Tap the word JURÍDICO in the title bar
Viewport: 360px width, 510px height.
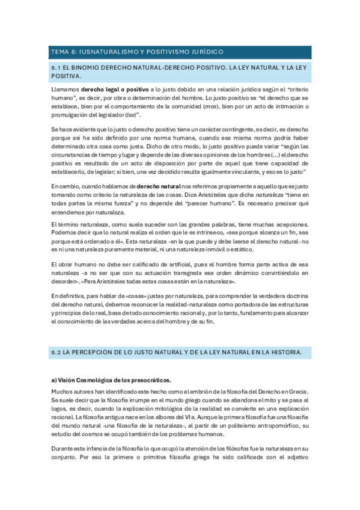pyautogui.click(x=204, y=52)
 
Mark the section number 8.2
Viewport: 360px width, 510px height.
pyautogui.click(x=56, y=351)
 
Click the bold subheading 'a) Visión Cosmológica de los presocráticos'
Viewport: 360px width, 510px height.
pyautogui.click(x=111, y=380)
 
